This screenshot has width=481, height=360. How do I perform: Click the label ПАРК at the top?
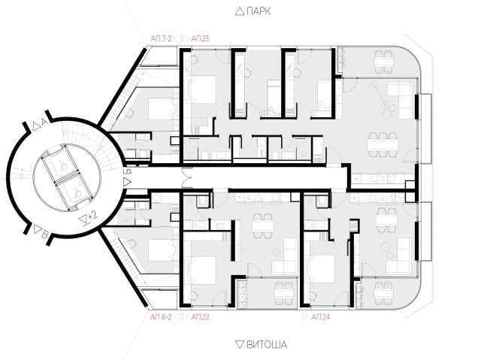259,11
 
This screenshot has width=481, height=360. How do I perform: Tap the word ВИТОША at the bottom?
267,344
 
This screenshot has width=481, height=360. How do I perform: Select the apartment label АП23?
200,38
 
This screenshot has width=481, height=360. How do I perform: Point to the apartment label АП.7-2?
161,38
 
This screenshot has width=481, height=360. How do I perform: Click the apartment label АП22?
200,316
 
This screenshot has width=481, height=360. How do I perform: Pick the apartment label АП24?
321,316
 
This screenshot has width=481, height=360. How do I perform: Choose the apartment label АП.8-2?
161,316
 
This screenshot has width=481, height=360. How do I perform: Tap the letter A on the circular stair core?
44,123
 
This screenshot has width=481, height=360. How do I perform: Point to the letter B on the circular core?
45,235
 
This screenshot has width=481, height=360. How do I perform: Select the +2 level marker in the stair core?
92,215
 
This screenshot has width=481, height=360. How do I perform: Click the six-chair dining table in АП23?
383,144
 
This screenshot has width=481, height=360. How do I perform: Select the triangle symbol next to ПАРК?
240,12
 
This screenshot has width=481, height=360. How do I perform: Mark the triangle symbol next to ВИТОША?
240,344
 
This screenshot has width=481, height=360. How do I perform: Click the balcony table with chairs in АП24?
383,292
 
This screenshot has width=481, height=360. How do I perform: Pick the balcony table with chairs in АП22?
284,292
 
